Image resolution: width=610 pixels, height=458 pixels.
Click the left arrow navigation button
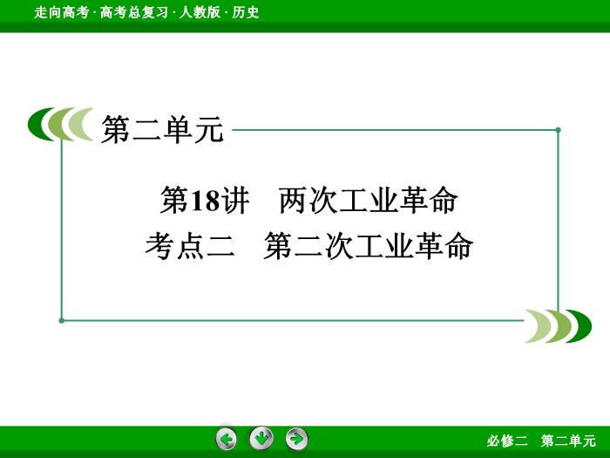(227, 439)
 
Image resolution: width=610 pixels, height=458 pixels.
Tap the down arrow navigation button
(261, 438)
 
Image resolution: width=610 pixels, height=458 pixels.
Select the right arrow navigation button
(297, 439)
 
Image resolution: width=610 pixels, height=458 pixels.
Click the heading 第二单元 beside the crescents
(162, 130)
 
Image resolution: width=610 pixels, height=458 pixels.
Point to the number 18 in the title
(204, 201)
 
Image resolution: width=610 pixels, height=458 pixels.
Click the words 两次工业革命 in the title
(369, 201)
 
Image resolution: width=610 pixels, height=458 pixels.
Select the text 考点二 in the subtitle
(190, 246)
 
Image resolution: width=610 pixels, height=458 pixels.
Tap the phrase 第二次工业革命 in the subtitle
(368, 246)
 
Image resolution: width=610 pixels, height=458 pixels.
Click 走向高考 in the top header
(62, 12)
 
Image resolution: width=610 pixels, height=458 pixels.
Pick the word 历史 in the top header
(246, 12)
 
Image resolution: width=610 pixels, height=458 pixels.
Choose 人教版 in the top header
(200, 12)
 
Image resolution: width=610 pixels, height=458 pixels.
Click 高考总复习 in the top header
(134, 12)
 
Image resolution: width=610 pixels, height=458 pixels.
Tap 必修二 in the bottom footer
(507, 441)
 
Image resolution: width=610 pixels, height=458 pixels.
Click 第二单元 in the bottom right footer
(568, 441)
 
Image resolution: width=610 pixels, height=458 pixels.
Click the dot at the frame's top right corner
(559, 130)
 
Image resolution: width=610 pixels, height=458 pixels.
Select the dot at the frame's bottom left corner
(62, 320)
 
